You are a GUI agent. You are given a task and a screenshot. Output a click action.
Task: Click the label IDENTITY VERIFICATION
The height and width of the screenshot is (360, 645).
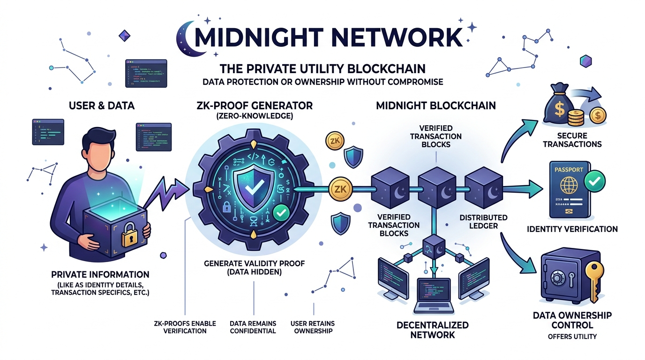pyautogui.click(x=572, y=229)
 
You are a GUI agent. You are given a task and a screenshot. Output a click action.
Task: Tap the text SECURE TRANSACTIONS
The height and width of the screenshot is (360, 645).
pyautogui.click(x=572, y=140)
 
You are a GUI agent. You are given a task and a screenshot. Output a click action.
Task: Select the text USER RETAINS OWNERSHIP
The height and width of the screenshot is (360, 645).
pyautogui.click(x=312, y=327)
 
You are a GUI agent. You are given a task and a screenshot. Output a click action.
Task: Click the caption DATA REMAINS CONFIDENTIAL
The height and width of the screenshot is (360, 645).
pyautogui.click(x=253, y=327)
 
